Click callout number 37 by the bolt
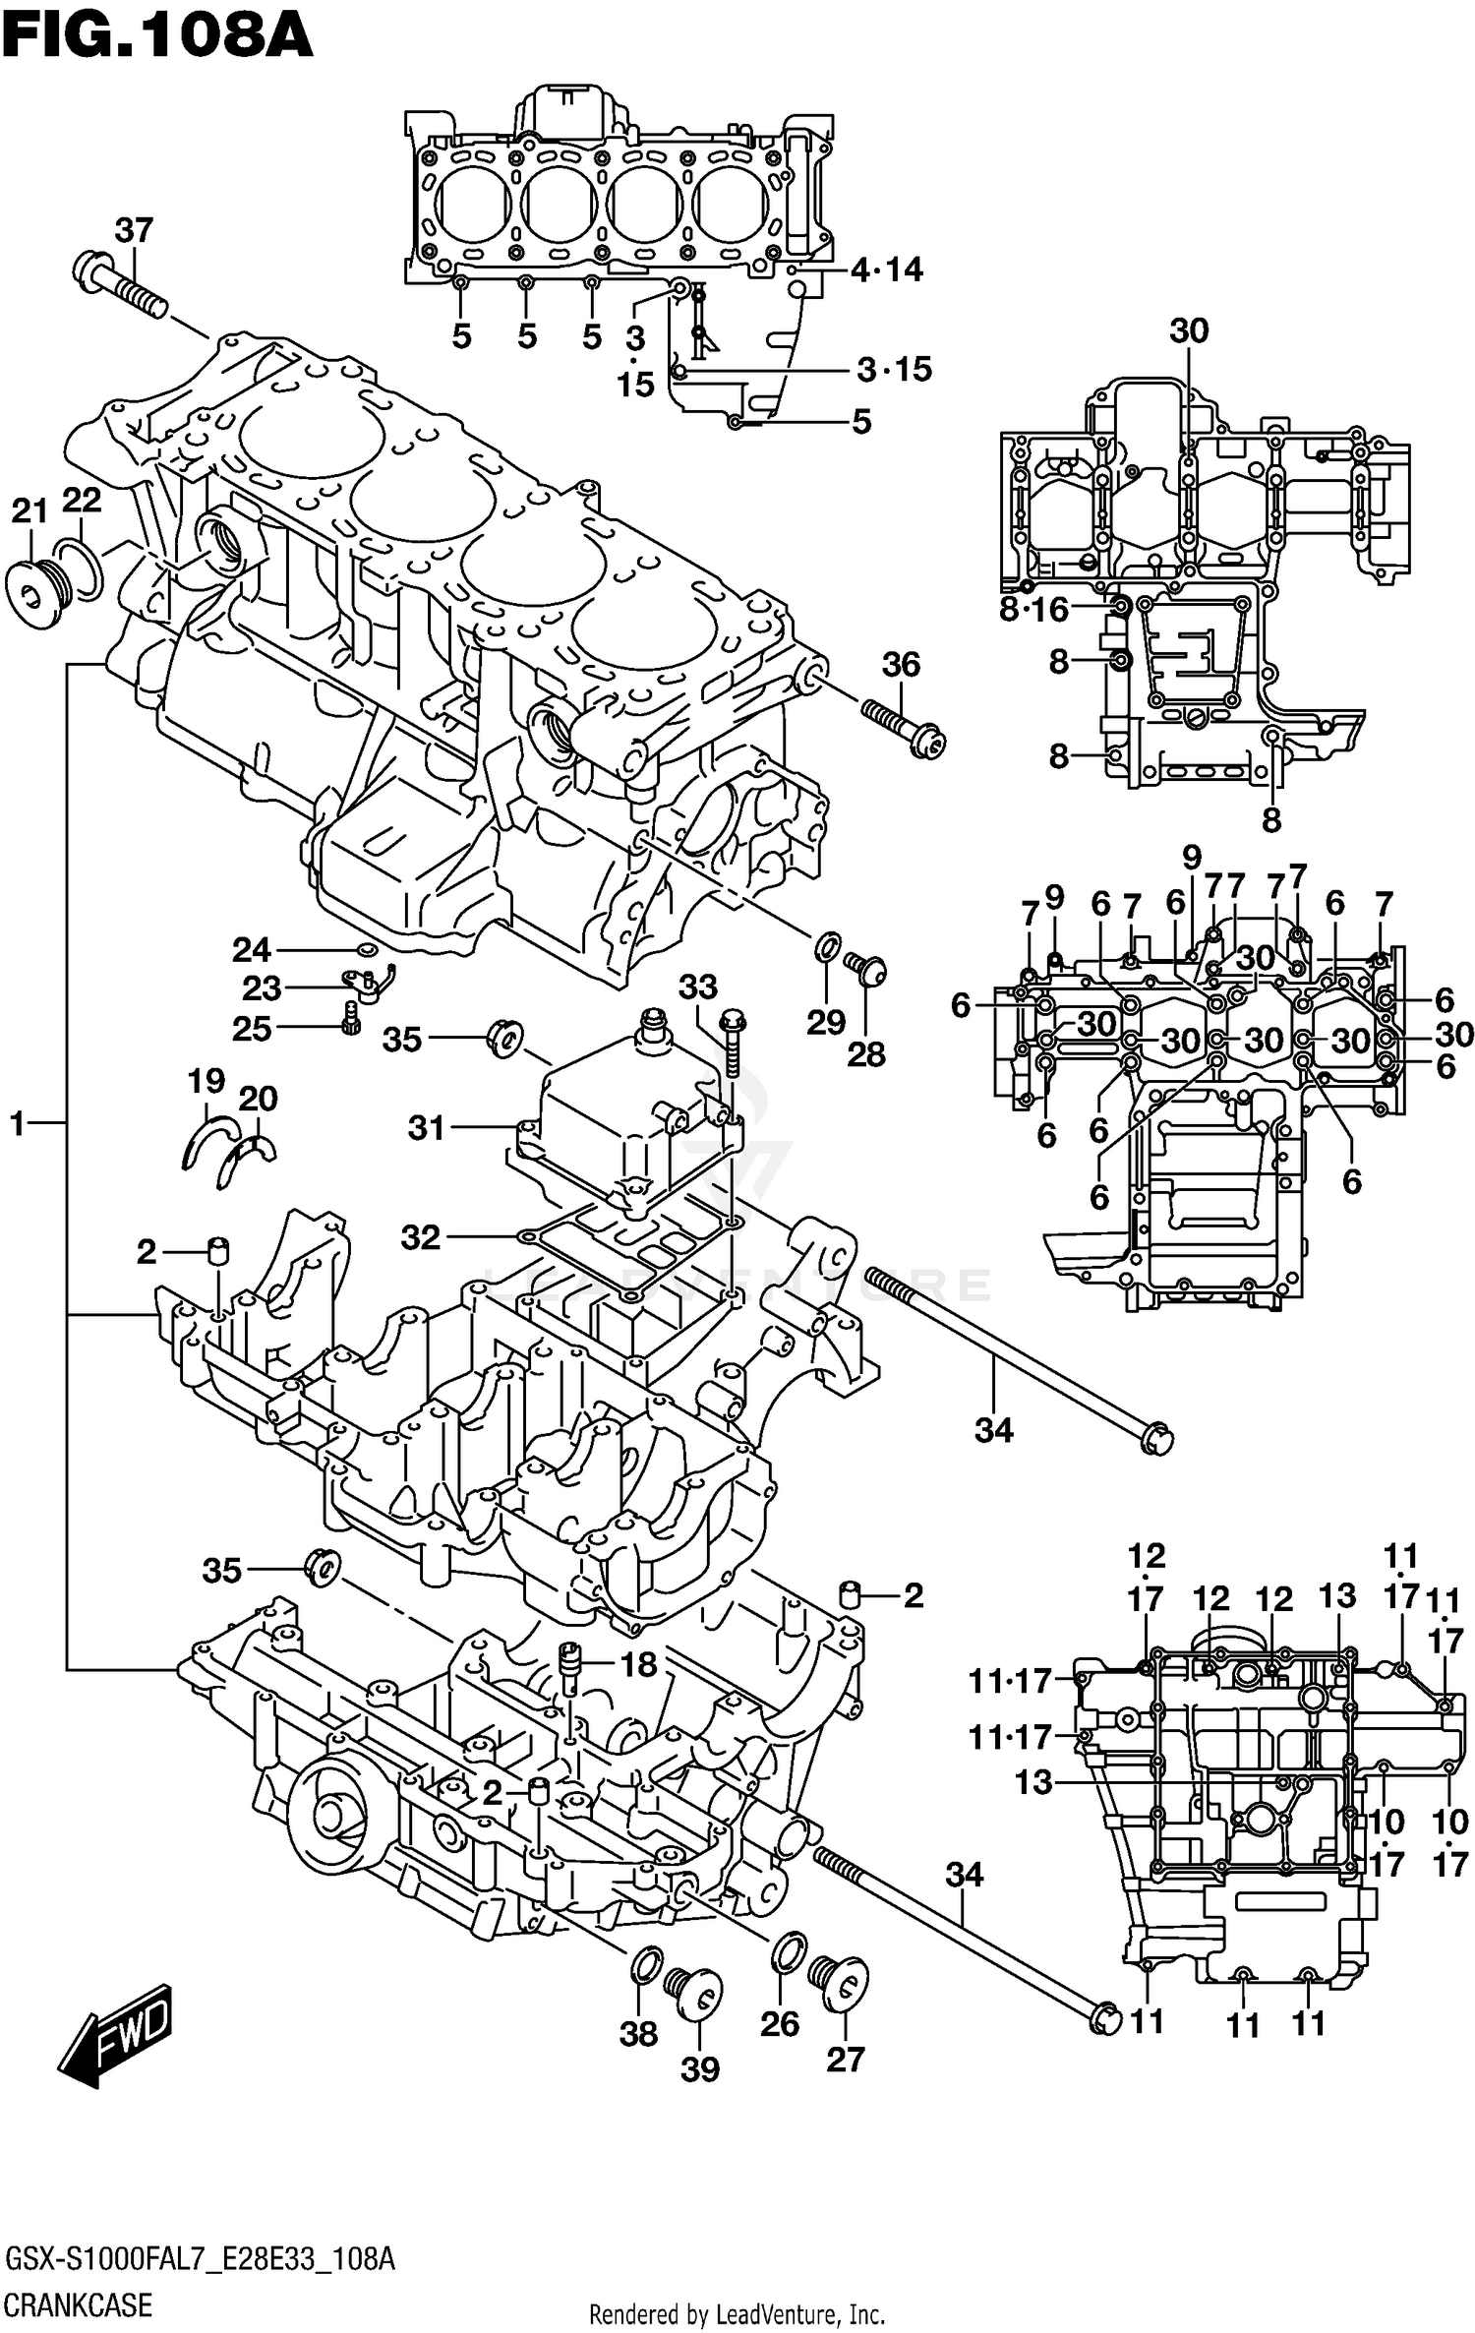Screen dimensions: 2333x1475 (x=134, y=231)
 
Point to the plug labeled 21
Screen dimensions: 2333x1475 (x=32, y=593)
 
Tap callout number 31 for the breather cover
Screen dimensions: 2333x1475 (x=427, y=1128)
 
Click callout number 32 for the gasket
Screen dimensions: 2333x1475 (x=421, y=1236)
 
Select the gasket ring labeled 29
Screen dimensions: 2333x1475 (x=827, y=949)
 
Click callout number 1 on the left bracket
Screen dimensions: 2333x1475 (x=17, y=1122)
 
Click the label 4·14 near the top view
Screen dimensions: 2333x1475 (x=887, y=269)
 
